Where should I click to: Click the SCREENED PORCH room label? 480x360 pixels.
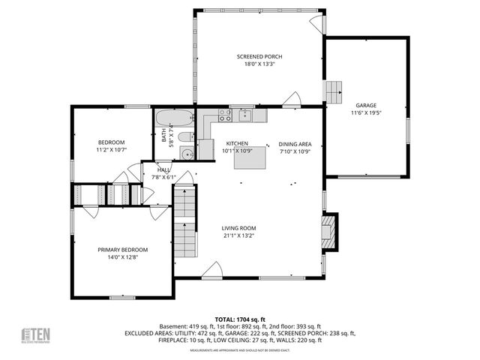[259, 57]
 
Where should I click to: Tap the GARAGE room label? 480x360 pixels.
[365, 106]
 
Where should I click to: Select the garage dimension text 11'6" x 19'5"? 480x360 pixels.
[365, 113]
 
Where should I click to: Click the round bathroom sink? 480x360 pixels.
[187, 154]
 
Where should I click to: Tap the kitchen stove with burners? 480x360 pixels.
[223, 115]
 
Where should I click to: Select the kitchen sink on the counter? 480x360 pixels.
[244, 115]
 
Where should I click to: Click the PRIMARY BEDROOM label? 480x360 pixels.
[122, 250]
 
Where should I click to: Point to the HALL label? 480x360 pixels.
[163, 170]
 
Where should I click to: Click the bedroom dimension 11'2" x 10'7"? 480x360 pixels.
[111, 150]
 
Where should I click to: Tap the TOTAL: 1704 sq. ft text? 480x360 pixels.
[240, 319]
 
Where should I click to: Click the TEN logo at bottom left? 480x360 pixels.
[34, 334]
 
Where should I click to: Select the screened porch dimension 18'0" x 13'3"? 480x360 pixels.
[259, 64]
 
